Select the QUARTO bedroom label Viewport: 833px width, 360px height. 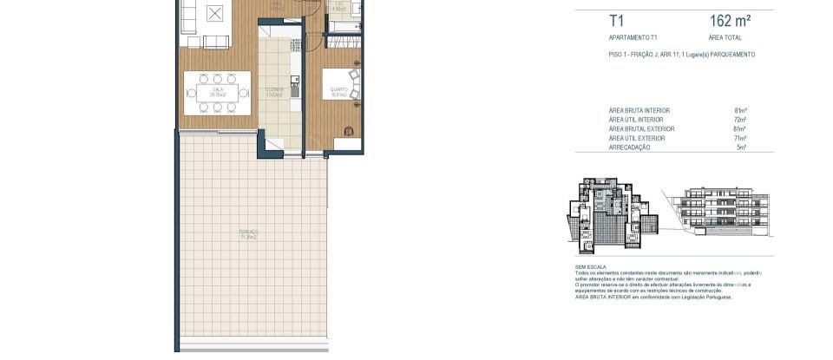point(338,88)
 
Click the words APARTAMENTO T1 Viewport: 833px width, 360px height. point(633,38)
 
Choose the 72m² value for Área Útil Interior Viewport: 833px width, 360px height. point(740,120)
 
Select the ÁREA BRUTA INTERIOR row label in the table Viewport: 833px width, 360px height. point(640,110)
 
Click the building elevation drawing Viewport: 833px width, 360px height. point(720,211)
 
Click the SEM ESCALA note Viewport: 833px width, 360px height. point(591,267)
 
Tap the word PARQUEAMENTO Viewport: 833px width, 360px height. point(731,55)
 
